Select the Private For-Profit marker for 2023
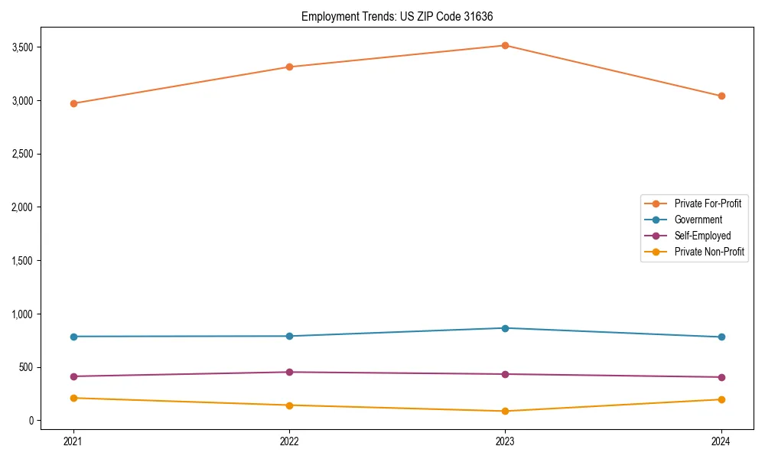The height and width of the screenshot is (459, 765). pyautogui.click(x=505, y=45)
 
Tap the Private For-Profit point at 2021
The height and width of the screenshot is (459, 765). pyautogui.click(x=73, y=103)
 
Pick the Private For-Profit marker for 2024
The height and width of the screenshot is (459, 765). pyautogui.click(x=721, y=96)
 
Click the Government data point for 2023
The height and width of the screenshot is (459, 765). pyautogui.click(x=505, y=328)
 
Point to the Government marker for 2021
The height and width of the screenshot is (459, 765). pyautogui.click(x=73, y=337)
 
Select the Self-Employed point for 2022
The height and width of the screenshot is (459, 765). pyautogui.click(x=289, y=372)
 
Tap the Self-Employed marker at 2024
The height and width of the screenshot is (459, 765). pyautogui.click(x=721, y=377)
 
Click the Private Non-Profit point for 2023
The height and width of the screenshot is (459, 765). pyautogui.click(x=505, y=411)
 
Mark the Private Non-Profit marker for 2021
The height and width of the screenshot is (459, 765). pyautogui.click(x=73, y=398)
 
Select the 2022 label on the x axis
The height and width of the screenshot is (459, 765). pyautogui.click(x=289, y=441)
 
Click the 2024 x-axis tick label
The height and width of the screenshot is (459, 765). pyautogui.click(x=721, y=441)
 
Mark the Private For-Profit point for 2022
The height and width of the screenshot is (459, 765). pyautogui.click(x=289, y=67)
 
